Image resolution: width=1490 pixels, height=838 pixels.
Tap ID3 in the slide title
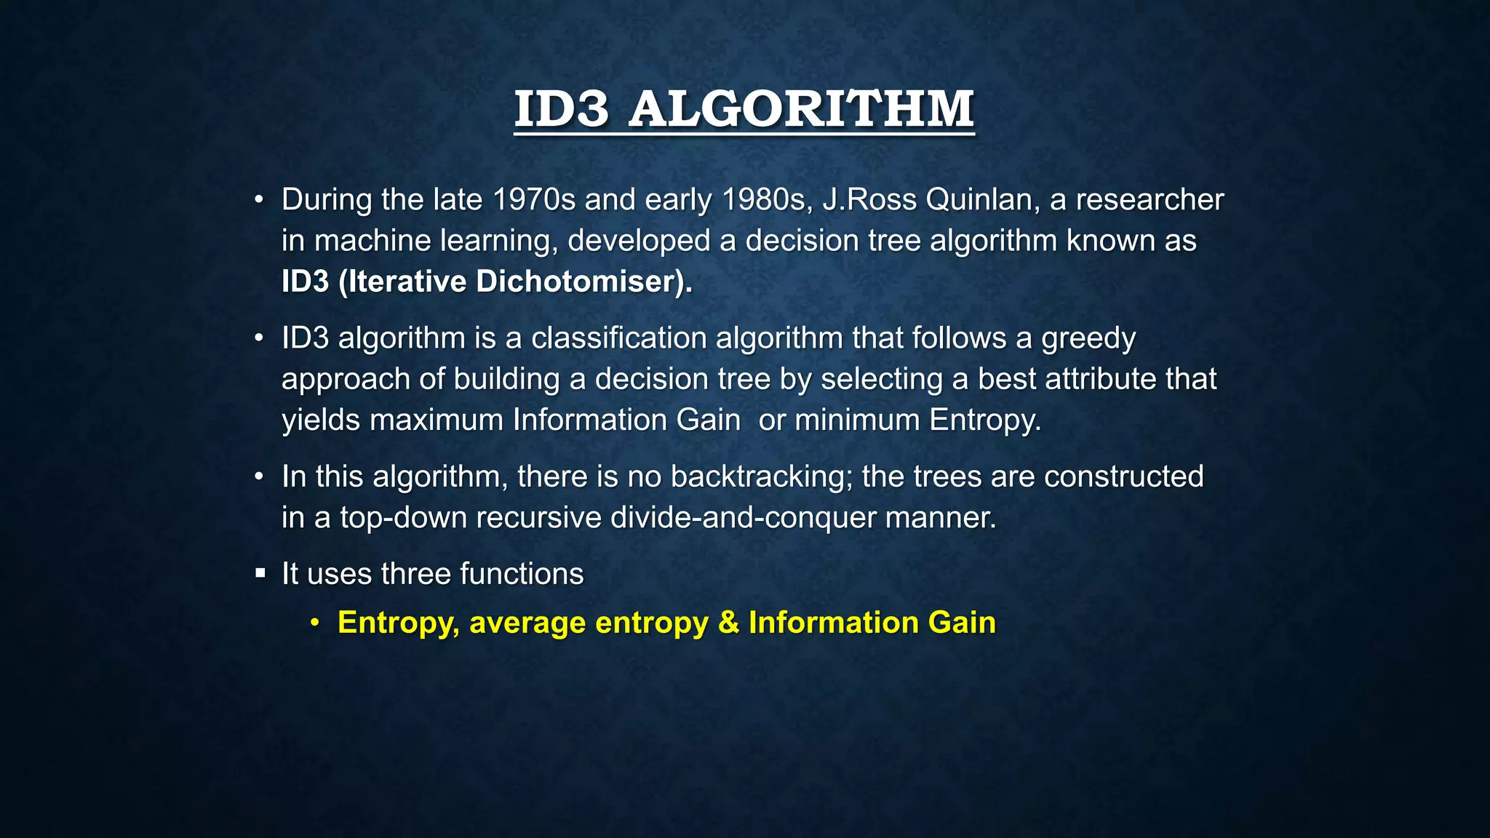click(x=561, y=109)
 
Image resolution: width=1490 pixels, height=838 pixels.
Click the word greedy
click(x=1088, y=339)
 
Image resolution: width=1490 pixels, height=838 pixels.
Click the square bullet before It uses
click(x=260, y=574)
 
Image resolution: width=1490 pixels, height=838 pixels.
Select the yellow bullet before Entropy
click(x=314, y=623)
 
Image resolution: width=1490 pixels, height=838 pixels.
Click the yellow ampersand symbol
click(x=728, y=623)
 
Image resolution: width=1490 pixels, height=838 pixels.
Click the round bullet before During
click(x=259, y=200)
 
